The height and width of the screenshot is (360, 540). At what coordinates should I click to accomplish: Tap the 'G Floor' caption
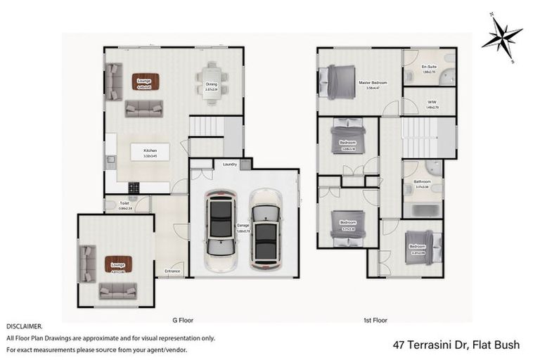point(184,320)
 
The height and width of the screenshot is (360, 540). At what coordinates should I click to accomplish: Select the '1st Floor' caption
point(375,320)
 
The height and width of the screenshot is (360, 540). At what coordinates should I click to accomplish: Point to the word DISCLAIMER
point(24,327)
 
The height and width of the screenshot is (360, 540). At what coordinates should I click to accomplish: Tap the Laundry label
point(229,165)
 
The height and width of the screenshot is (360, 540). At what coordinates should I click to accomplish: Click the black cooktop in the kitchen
point(134,187)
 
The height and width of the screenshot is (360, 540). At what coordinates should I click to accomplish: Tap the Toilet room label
point(124,203)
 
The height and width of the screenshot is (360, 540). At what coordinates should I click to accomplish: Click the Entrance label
point(172,271)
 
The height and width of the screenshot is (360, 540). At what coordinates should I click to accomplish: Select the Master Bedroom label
point(373,82)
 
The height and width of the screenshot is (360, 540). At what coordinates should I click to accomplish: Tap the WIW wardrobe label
point(432,103)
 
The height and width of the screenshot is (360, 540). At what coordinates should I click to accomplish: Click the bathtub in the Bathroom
point(423,210)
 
